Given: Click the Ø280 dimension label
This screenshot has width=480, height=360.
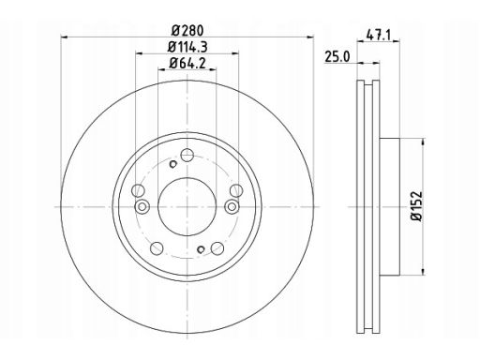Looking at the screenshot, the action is tap(187, 31).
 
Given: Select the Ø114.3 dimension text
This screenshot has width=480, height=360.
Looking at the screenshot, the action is tap(187, 47).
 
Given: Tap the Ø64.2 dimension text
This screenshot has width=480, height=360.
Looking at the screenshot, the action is tap(187, 64).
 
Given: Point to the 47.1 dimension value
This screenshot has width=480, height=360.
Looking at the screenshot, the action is tap(379, 36).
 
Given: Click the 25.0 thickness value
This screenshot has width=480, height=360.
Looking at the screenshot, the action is tap(337, 57).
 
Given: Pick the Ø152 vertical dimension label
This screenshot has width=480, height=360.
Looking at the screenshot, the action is tap(417, 206).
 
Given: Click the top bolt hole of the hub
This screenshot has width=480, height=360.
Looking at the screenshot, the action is tap(187, 155).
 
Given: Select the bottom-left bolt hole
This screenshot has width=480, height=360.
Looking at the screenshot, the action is tap(157, 248).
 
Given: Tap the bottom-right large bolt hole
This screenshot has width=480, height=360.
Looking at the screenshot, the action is tap(217, 248).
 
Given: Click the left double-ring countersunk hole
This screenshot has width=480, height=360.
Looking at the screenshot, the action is tap(142, 206).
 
